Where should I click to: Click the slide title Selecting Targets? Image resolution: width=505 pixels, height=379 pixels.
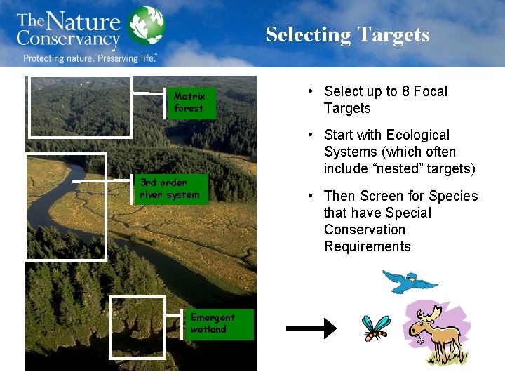(347, 34)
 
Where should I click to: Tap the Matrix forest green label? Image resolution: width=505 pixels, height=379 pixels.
(191, 102)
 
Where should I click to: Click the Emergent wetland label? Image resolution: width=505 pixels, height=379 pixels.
(219, 324)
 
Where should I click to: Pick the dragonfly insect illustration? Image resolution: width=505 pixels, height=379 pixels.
(375, 327)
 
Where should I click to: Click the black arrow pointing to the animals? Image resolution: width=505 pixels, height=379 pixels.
(311, 328)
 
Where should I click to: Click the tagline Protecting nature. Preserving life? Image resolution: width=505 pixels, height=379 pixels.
(90, 58)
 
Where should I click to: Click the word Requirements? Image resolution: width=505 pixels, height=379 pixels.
(367, 246)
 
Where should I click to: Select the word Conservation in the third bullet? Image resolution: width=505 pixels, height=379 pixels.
(365, 230)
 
